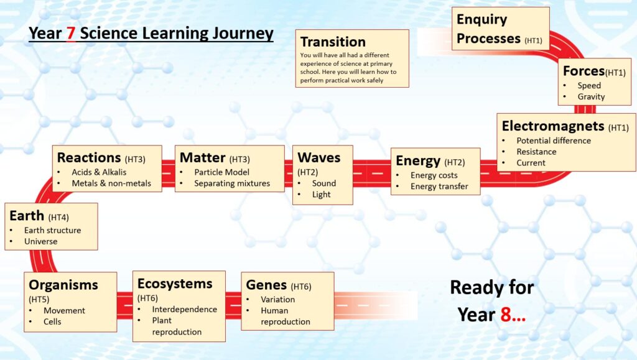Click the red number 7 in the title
pos(71,34)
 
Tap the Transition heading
pos(333,42)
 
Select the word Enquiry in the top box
pos(482,19)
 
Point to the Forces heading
pos(584,71)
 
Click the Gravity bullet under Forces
pos(591,96)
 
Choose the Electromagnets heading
pos(553,126)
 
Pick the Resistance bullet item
pos(536,151)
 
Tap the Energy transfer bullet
pos(439,187)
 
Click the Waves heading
pos(319,157)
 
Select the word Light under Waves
pos(322,195)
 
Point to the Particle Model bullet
pos(222,172)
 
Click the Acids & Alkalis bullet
pos(99,172)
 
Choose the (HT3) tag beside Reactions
pos(135,159)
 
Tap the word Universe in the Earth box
pos(40,241)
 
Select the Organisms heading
pos(63,285)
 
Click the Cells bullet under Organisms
pos(52,321)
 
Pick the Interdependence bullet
pos(184,309)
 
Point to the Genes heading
pos(266,285)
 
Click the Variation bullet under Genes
pos(278,300)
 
